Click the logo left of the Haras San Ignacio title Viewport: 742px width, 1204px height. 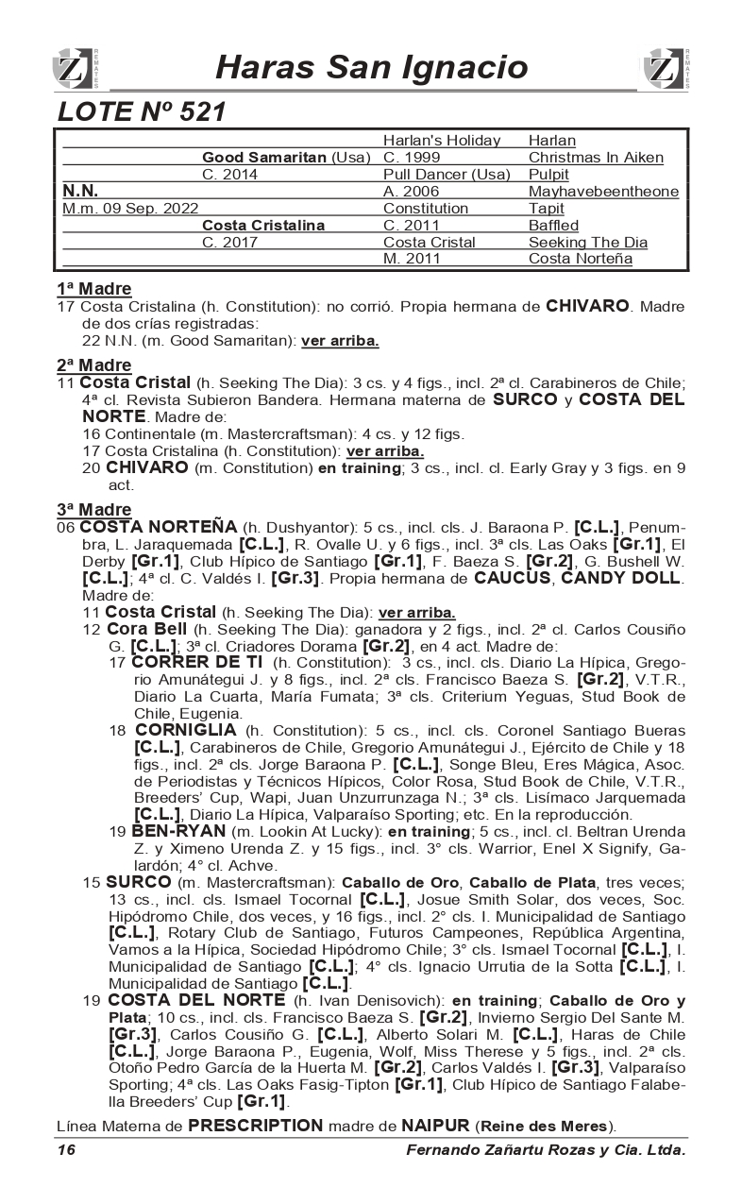click(73, 69)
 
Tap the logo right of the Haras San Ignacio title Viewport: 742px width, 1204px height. click(667, 69)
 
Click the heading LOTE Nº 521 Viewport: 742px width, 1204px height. click(142, 112)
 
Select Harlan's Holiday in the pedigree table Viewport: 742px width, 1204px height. click(442, 141)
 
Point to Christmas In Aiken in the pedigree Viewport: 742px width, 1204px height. click(596, 158)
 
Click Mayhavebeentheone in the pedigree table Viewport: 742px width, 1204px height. click(603, 192)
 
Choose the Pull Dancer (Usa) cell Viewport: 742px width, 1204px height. click(447, 175)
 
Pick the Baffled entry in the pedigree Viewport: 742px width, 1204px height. click(554, 226)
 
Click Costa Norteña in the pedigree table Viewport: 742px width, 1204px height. click(581, 259)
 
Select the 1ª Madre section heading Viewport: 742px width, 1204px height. click(93, 289)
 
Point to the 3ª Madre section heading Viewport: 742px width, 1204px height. click(93, 511)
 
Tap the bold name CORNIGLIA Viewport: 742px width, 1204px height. click(186, 730)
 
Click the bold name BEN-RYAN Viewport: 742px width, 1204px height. click(179, 831)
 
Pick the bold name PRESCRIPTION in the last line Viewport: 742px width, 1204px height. click(255, 1126)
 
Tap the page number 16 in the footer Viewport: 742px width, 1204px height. click(65, 1149)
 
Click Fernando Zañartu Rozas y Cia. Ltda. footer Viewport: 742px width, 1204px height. click(546, 1150)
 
